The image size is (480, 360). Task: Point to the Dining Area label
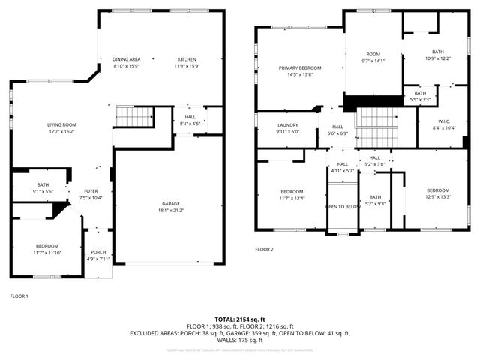126,59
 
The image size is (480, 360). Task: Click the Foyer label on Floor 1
91,191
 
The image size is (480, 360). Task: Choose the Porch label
98,252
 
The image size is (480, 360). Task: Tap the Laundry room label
287,125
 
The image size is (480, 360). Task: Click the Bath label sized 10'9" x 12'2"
437,52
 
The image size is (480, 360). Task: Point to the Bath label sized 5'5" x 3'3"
421,93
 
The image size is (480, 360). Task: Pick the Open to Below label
343,207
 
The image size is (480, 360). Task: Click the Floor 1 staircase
133,117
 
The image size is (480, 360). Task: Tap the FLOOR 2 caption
264,249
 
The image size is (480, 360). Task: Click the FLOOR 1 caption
19,295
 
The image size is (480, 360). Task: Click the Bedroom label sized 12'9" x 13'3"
438,190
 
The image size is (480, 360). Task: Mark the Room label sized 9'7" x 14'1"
373,55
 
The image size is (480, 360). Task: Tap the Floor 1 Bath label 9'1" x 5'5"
43,184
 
